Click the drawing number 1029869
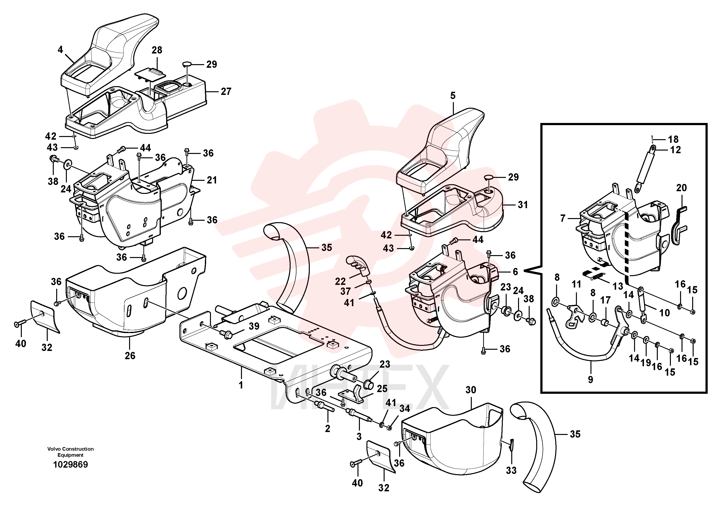71,465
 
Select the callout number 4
60,50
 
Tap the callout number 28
157,50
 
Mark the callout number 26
130,356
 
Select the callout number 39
254,326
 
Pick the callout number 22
341,281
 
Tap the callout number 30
471,390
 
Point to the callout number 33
511,471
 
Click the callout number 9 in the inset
591,380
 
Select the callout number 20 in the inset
682,188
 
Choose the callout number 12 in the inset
675,150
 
